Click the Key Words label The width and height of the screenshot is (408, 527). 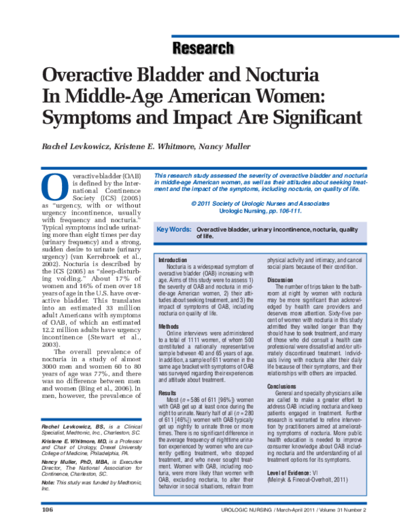pos(173,230)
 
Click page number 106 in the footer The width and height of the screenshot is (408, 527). pos(47,509)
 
